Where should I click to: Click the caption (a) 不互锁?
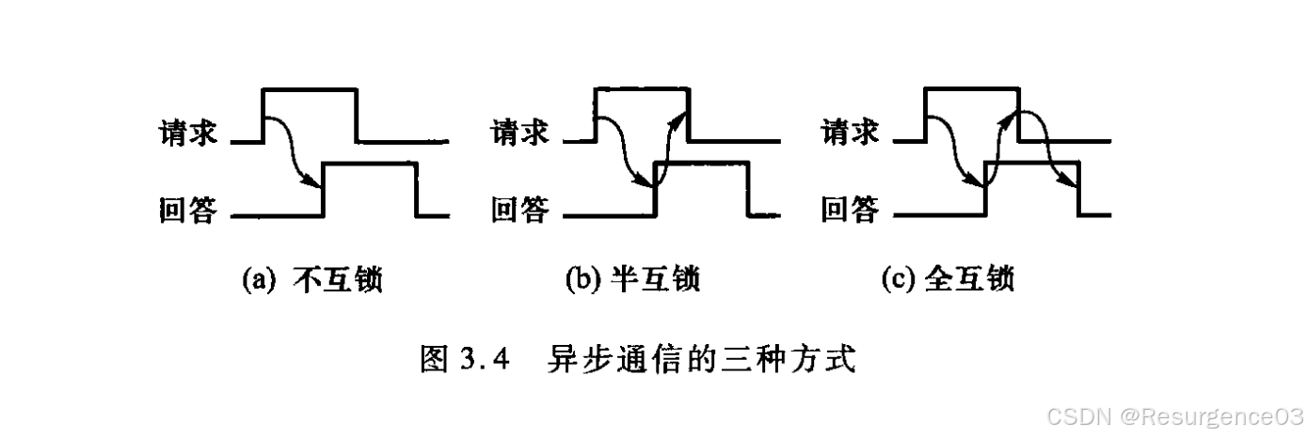tap(312, 279)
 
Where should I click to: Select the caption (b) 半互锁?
tap(633, 279)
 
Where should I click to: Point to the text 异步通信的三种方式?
tap(701, 359)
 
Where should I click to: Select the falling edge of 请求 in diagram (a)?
tap(358, 115)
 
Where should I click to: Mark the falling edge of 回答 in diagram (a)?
tap(417, 190)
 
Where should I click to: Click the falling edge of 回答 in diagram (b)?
tap(749, 190)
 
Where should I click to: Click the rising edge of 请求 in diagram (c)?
tap(926, 115)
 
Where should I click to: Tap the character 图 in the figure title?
tap(432, 359)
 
